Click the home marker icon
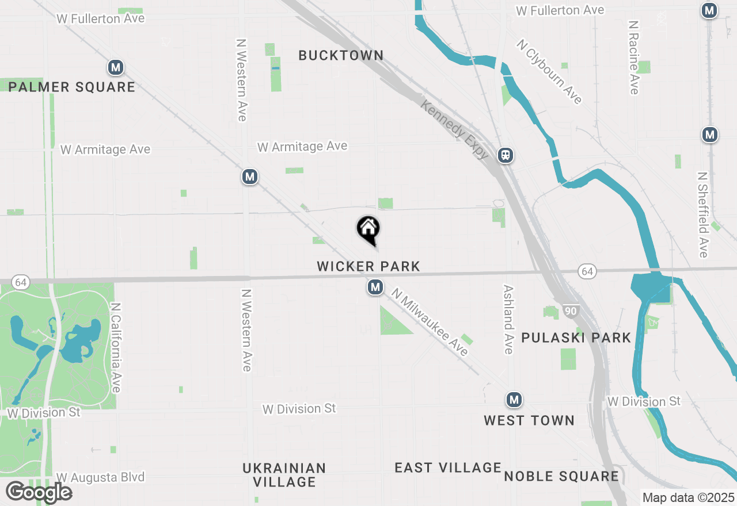pos(368,229)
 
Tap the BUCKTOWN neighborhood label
pos(341,55)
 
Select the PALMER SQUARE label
pos(72,87)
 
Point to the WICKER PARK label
pos(368,266)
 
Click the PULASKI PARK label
pos(576,338)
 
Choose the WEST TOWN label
pos(529,420)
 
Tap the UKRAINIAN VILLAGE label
pos(284,475)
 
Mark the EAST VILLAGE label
pos(448,467)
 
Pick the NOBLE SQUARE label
pos(561,476)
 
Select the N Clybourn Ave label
pos(549,72)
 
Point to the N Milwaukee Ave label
pos(430,323)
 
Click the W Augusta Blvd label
pos(100,477)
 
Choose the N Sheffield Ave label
pos(702,214)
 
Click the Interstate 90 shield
pos(570,311)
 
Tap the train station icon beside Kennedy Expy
pos(506,155)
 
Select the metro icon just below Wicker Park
pos(375,287)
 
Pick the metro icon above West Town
pos(514,399)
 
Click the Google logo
pos(39,492)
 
